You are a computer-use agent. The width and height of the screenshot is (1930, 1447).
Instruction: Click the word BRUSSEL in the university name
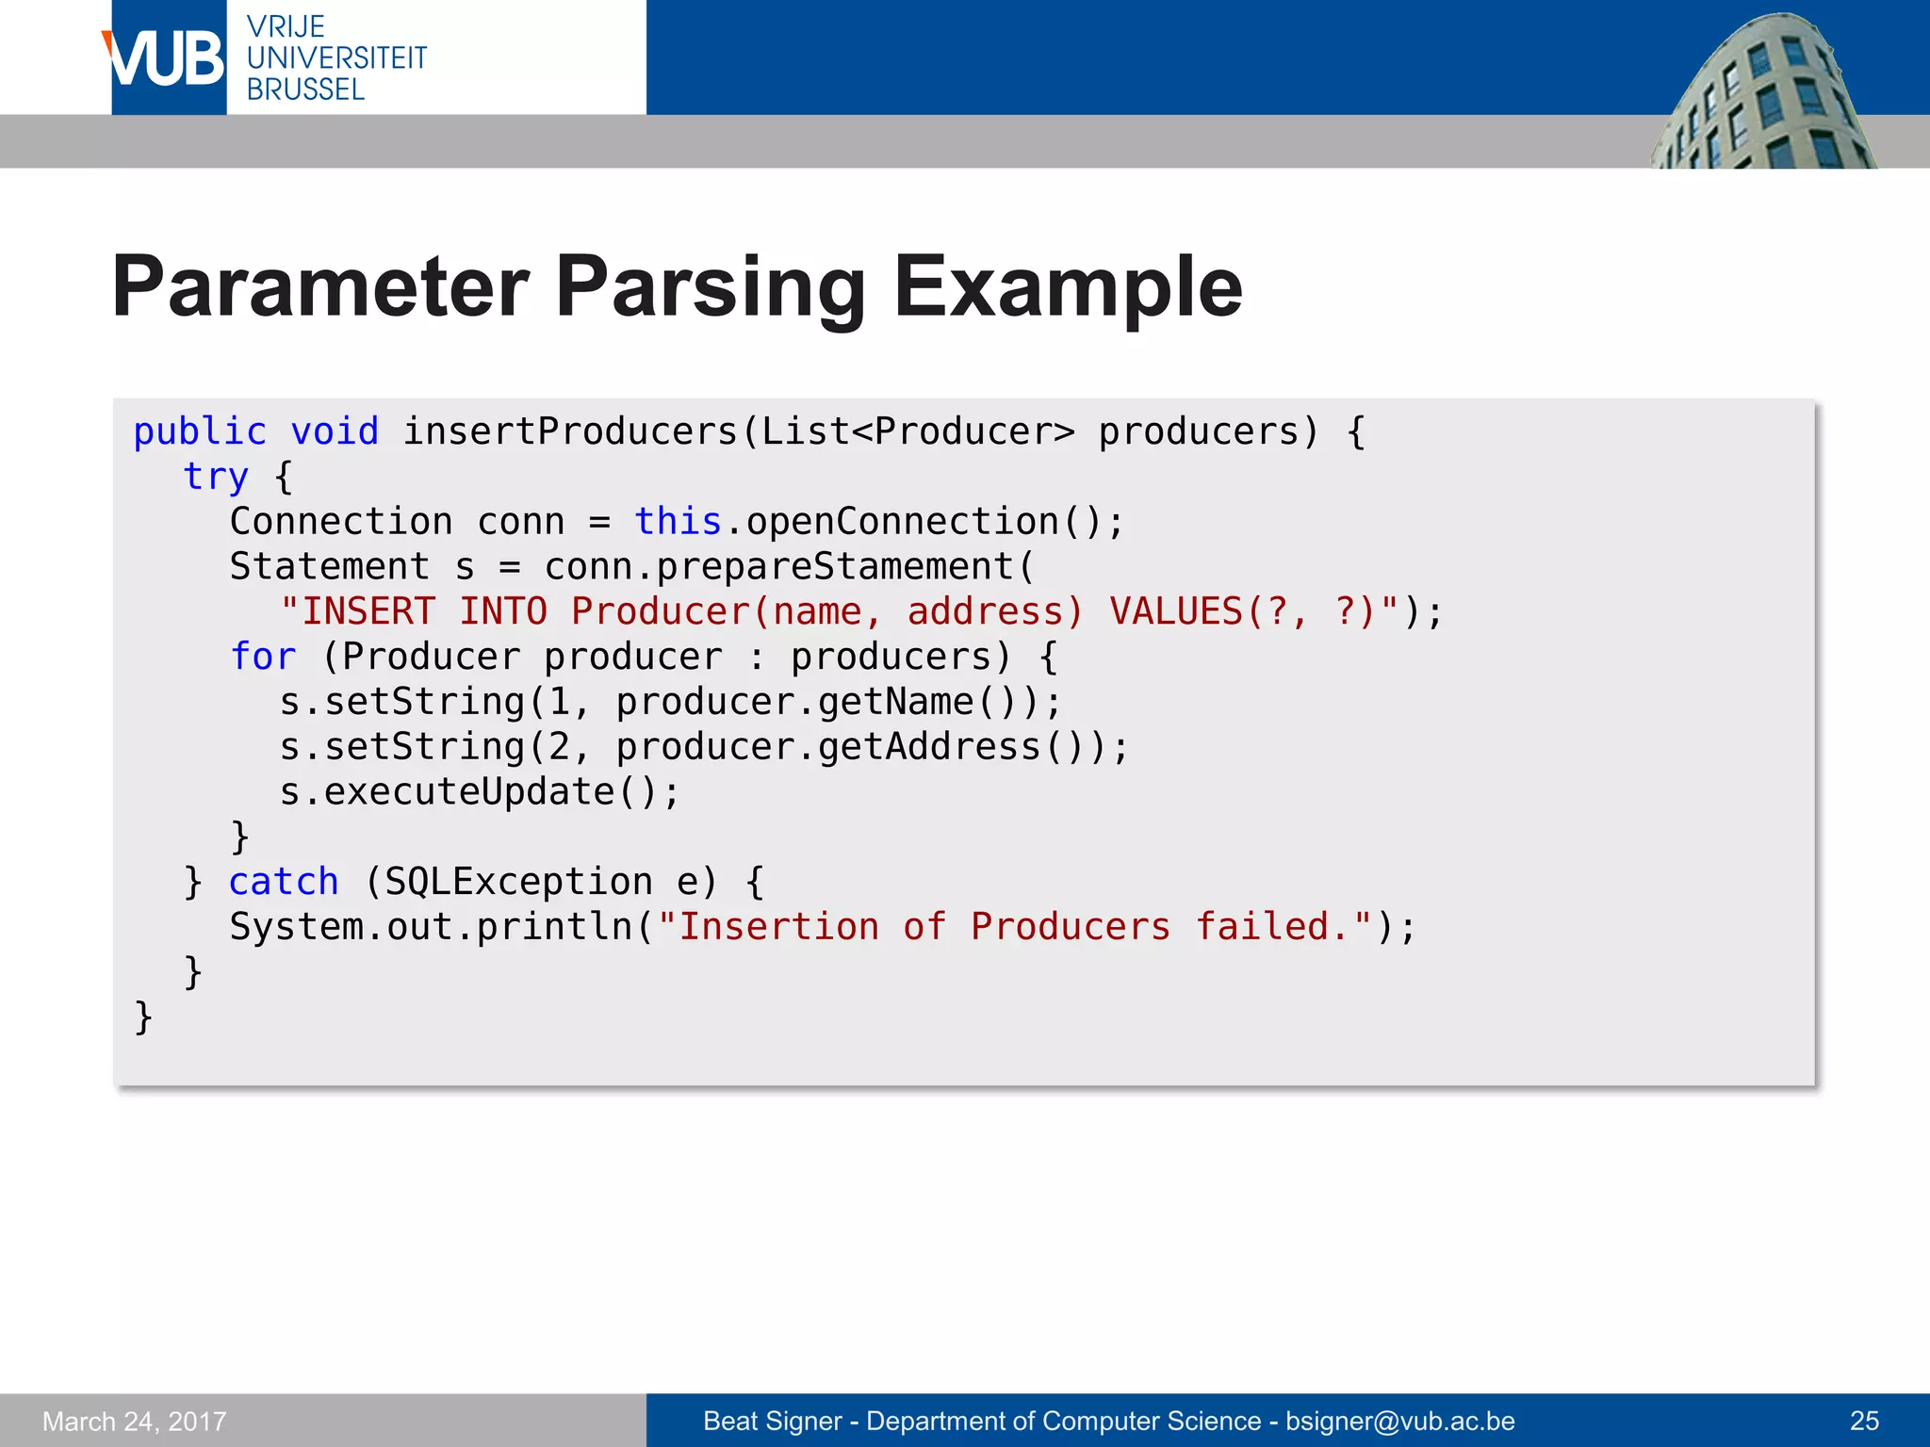click(305, 89)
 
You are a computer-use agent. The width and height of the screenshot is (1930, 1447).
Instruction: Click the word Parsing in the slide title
click(710, 287)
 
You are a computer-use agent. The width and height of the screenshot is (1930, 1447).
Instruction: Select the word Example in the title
click(1068, 287)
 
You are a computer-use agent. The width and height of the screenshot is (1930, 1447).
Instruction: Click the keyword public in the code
click(200, 431)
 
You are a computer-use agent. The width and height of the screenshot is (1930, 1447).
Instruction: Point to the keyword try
click(216, 477)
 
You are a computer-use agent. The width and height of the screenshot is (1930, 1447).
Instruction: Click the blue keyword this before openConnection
click(678, 521)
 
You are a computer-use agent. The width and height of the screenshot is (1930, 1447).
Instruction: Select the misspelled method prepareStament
click(834, 566)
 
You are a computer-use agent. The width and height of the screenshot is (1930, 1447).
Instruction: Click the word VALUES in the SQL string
click(1176, 611)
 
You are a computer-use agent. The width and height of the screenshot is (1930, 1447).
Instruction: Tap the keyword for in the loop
click(263, 657)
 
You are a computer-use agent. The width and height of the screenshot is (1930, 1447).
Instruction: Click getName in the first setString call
click(895, 702)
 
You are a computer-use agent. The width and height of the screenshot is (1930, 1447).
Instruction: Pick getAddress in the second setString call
click(928, 747)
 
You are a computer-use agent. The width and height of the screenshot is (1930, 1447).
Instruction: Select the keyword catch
click(284, 882)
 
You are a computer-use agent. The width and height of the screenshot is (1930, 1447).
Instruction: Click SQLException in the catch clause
click(518, 882)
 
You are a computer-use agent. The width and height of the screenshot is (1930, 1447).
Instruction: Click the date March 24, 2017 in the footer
click(135, 1421)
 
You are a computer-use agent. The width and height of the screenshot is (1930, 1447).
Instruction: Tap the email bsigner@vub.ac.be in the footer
click(1400, 1421)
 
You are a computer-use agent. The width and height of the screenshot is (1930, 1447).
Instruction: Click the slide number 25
click(1864, 1421)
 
